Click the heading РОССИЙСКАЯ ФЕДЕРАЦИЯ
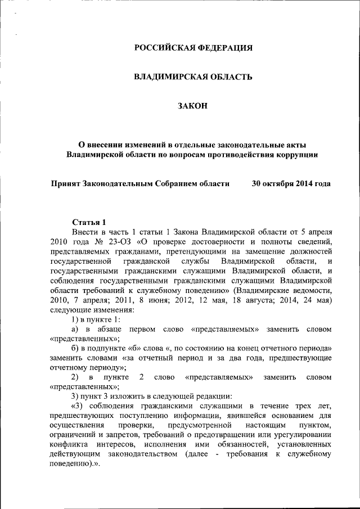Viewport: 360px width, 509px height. [193, 48]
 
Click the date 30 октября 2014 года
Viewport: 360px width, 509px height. [291, 183]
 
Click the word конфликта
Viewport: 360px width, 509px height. [68, 445]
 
